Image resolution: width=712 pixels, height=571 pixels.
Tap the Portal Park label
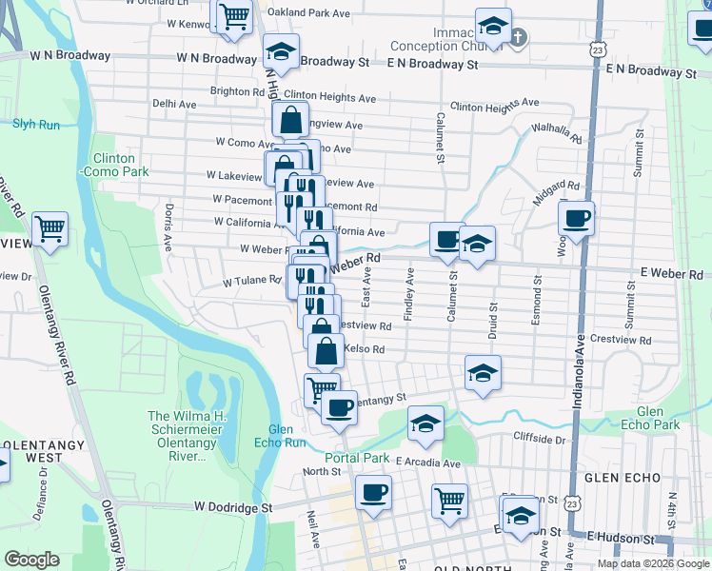pyautogui.click(x=357, y=458)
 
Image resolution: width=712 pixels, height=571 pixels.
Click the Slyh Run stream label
pyautogui.click(x=35, y=123)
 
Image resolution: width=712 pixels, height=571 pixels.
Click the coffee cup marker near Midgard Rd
pyautogui.click(x=576, y=219)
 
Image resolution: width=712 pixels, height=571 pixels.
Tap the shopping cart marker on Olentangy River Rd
pyautogui.click(x=49, y=228)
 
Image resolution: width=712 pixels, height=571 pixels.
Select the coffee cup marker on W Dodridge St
pyautogui.click(x=373, y=493)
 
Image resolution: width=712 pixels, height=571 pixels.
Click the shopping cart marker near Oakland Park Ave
pyautogui.click(x=233, y=16)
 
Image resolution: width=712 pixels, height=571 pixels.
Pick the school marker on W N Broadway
pyautogui.click(x=281, y=50)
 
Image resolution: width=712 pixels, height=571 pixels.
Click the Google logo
pyautogui.click(x=31, y=559)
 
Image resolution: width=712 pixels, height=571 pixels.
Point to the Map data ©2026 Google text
pyautogui.click(x=652, y=563)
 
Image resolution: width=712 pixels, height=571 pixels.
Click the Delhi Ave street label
pyautogui.click(x=174, y=104)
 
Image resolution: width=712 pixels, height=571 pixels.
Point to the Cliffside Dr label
pyautogui.click(x=540, y=439)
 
